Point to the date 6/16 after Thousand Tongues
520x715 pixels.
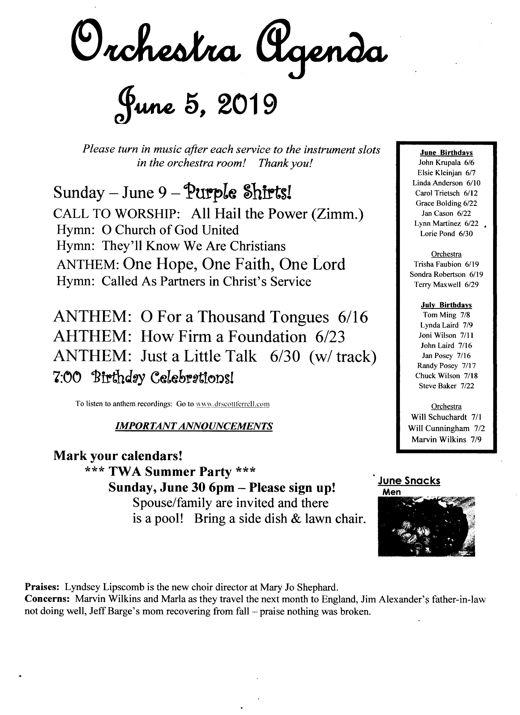click(353, 317)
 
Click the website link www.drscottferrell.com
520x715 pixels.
click(233, 404)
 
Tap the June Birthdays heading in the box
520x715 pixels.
click(446, 153)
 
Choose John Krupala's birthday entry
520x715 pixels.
click(446, 163)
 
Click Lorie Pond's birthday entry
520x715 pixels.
click(446, 234)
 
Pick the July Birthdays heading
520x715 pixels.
click(446, 305)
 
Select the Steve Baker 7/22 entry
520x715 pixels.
click(446, 386)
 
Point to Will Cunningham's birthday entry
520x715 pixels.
click(446, 428)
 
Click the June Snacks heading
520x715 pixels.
click(409, 481)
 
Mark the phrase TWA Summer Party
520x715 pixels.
click(170, 472)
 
